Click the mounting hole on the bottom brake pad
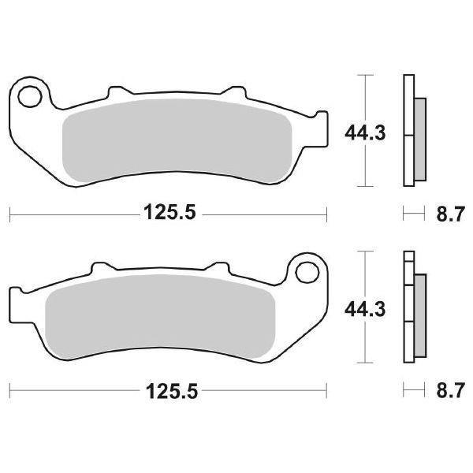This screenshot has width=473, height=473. (304, 273)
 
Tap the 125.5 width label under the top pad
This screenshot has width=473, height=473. (168, 213)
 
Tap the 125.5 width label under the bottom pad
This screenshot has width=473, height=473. (168, 390)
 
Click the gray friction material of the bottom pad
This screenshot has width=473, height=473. (158, 315)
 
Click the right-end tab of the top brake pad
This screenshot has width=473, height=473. (320, 130)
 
